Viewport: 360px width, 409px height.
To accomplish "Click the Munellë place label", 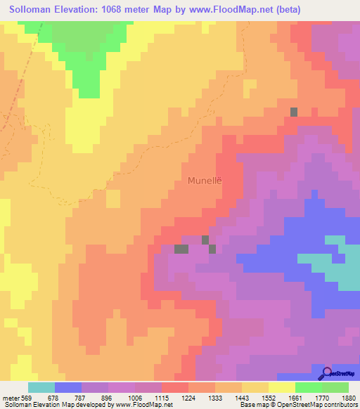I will tap(205, 181).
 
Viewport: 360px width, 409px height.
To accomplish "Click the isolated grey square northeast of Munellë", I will tap(294, 112).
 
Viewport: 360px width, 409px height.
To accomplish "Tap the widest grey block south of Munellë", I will tap(181, 249).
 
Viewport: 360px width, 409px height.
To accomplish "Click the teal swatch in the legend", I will tap(41, 387).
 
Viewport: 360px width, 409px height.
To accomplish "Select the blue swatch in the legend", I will tap(68, 387).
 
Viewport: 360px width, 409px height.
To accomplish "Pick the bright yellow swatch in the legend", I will tap(282, 387).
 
